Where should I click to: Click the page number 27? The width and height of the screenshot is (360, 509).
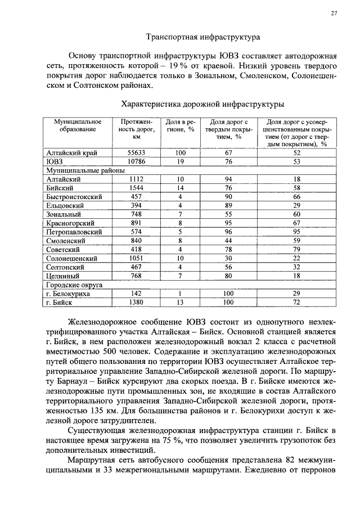pyautogui.click(x=334, y=14)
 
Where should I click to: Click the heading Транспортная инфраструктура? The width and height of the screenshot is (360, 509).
pyautogui.click(x=203, y=38)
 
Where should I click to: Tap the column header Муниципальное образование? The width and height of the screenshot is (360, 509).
pyautogui.click(x=78, y=125)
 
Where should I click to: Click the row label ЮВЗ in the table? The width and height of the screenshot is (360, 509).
pyautogui.click(x=55, y=161)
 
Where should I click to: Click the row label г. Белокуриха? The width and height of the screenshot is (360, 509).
pyautogui.click(x=68, y=294)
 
